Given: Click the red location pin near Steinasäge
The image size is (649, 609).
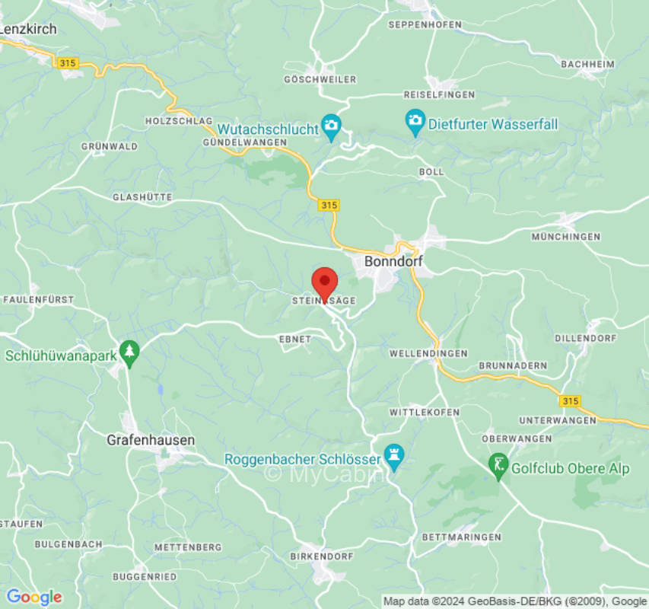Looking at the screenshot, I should [x=326, y=285].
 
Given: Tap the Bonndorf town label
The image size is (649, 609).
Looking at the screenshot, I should [x=393, y=261].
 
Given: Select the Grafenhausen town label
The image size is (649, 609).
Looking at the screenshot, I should [x=151, y=440].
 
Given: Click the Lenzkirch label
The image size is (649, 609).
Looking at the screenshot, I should [x=28, y=29].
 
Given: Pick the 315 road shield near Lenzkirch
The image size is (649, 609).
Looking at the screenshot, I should [x=67, y=63].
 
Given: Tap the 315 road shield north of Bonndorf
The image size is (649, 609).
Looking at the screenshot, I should [x=329, y=206].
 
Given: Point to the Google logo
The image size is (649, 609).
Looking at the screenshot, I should [x=34, y=597].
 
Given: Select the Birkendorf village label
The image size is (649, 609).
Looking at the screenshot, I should [x=322, y=556].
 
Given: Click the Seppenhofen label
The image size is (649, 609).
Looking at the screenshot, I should [x=425, y=24].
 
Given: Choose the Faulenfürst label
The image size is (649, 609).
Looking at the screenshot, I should [x=39, y=300].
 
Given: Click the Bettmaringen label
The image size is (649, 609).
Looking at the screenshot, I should [x=462, y=537].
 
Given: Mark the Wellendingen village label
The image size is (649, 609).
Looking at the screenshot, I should [x=428, y=354].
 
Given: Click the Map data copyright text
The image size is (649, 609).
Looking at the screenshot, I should [x=515, y=601].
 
